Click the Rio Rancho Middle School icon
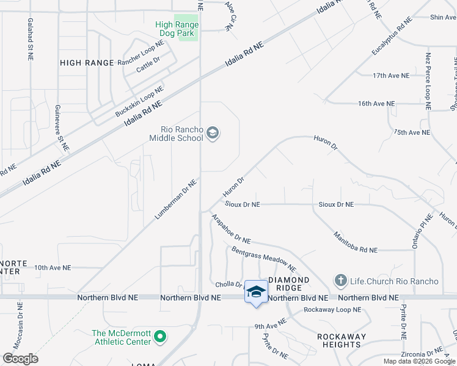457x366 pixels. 213,133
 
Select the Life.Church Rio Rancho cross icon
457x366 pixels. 340,281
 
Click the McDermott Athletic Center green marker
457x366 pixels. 160,337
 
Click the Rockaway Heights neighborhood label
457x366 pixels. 341,340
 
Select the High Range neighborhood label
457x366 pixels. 87,63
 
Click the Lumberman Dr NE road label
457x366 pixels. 177,199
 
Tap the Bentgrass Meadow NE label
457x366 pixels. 263,259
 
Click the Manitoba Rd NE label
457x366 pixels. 355,243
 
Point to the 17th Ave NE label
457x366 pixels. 390,76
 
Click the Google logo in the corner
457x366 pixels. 20,359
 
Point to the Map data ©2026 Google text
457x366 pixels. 419,362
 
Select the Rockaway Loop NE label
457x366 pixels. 332,310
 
